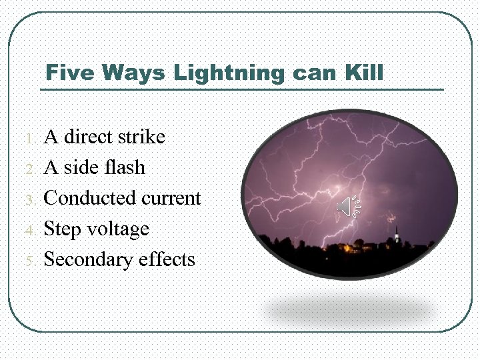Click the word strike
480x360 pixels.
click(x=141, y=137)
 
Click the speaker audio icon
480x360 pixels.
click(x=347, y=208)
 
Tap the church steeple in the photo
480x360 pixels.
click(x=397, y=235)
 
